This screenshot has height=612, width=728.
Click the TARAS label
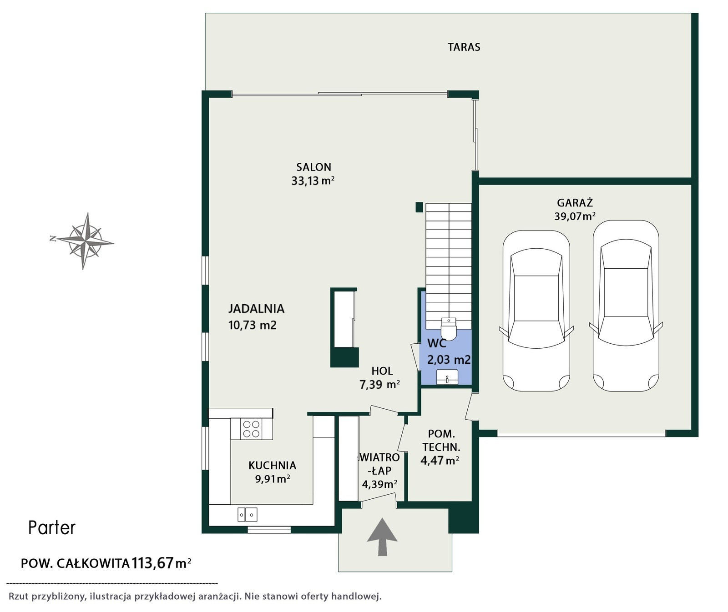pos(464,47)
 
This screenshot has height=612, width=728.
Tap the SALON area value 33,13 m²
pos(313,181)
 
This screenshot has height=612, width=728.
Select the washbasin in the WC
pos(447,377)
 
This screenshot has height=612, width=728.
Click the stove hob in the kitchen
pos(251,429)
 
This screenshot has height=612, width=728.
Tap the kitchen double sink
pos(248,514)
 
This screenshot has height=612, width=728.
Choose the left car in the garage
pos(536,311)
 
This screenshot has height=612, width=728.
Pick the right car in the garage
pos(626,306)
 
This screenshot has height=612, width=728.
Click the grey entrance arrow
pos(382,537)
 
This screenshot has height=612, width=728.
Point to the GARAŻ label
pos(575,203)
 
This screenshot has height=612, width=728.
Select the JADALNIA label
pos(256,309)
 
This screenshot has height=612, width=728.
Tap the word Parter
pos(52,528)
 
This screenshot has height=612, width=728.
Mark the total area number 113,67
pos(153,563)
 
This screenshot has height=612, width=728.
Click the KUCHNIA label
pos(272,466)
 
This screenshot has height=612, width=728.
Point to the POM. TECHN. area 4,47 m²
pos(440,461)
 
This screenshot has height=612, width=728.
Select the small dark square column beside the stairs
pos(419,207)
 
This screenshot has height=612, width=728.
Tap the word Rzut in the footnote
pos(19,597)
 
